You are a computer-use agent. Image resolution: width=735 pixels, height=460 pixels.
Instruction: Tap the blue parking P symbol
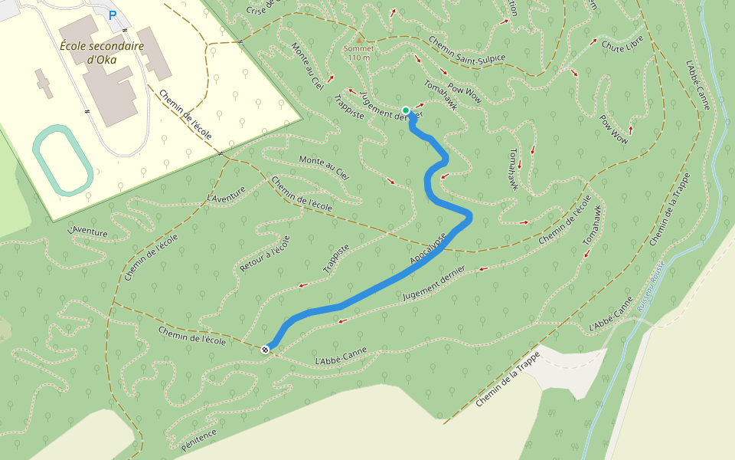[113, 15]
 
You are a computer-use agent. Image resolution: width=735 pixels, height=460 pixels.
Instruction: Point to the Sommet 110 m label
[358, 52]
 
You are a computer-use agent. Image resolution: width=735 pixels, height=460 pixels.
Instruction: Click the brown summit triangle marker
[359, 38]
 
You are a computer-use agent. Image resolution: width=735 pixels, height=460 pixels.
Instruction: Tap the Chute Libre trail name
[622, 46]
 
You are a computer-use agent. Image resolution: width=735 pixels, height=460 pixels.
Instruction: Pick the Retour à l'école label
[265, 254]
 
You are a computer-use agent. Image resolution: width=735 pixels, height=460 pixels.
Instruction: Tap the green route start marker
[406, 110]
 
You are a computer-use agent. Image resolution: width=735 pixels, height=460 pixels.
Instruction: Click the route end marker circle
[266, 350]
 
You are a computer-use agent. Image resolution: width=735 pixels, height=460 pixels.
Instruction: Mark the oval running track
[64, 159]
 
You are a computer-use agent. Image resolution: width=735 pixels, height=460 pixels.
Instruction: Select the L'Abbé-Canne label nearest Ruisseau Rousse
[610, 314]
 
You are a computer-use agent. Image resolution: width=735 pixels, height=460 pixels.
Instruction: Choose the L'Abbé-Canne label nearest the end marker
[341, 356]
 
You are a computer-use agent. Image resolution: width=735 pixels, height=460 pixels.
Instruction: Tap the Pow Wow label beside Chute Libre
[613, 130]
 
